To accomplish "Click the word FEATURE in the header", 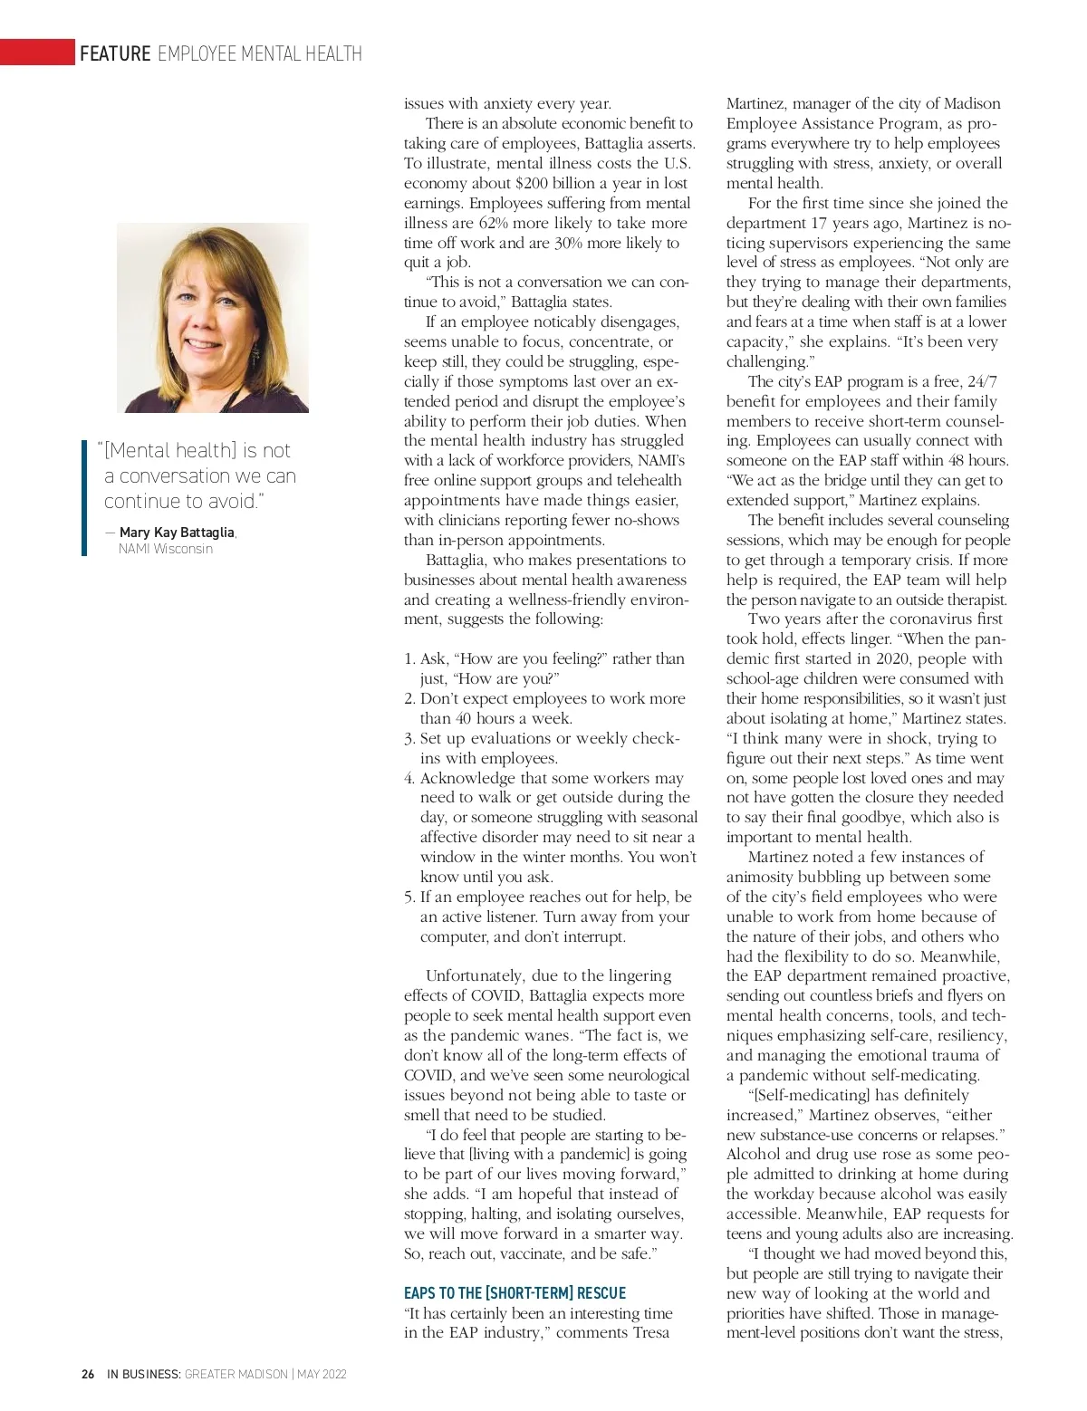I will click(x=115, y=53).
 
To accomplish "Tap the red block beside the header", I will click(x=37, y=53).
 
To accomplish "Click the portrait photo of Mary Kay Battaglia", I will click(x=213, y=317).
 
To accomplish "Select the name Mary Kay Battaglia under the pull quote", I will click(x=177, y=533).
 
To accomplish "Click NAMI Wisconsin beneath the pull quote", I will click(x=166, y=549).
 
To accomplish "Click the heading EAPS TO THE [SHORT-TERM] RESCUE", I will click(x=515, y=1293).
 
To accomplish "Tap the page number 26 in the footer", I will click(x=88, y=1374).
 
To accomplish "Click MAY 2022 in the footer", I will click(x=322, y=1374).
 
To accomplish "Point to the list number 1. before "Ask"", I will click(x=409, y=659).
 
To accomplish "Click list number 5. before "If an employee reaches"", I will click(x=409, y=897).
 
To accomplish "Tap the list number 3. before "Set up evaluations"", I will click(x=409, y=739).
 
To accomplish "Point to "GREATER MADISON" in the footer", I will click(x=236, y=1374).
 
